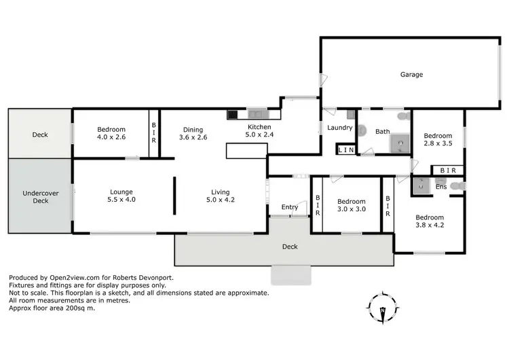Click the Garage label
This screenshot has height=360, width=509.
pos(411,75)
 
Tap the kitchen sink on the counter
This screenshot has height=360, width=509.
pos(257,114)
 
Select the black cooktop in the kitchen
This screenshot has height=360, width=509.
pos(233,114)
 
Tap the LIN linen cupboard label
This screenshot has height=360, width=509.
pos(346,149)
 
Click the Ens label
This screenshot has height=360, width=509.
pos(441,186)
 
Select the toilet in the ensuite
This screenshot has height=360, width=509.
pos(459,185)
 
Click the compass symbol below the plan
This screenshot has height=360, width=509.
pos(383,308)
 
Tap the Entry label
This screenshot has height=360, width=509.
pos(290,207)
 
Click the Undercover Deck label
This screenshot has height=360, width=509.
pos(41,196)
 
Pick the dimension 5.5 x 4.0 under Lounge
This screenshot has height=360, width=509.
pos(121,200)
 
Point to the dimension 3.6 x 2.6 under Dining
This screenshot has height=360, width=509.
pos(193,137)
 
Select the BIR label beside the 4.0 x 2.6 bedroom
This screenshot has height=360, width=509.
pos(154,132)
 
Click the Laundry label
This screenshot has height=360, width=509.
pos(339,127)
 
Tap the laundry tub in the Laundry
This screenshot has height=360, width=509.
pos(351,115)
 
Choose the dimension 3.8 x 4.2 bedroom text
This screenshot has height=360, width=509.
pos(429,225)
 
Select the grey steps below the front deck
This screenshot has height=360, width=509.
pos(291,274)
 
